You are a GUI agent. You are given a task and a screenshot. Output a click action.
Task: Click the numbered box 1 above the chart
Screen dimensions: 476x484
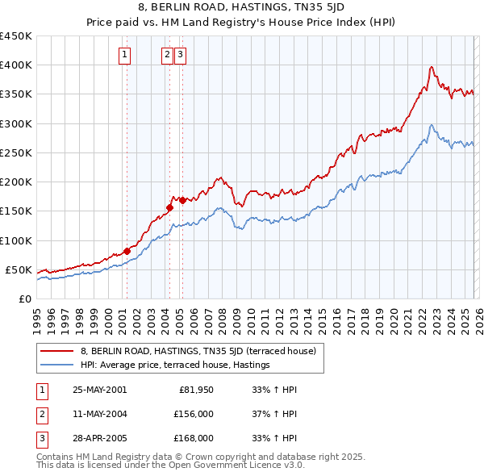tap(126, 55)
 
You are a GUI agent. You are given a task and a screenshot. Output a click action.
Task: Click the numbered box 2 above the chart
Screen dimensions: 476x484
tap(167, 55)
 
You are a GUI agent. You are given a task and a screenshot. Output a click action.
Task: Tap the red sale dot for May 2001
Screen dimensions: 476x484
tap(127, 251)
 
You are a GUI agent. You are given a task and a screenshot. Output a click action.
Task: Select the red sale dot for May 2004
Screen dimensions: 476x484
tap(169, 207)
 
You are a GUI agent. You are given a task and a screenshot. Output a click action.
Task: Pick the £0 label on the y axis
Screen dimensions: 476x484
tap(24, 299)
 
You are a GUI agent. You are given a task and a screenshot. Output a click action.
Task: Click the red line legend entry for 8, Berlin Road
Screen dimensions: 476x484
tap(202, 351)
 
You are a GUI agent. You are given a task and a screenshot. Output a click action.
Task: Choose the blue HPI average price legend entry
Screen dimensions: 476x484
tap(174, 365)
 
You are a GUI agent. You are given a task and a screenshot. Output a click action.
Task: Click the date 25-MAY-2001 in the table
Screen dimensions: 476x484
tap(99, 390)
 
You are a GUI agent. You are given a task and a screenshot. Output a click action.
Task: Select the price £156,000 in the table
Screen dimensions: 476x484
tap(194, 414)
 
